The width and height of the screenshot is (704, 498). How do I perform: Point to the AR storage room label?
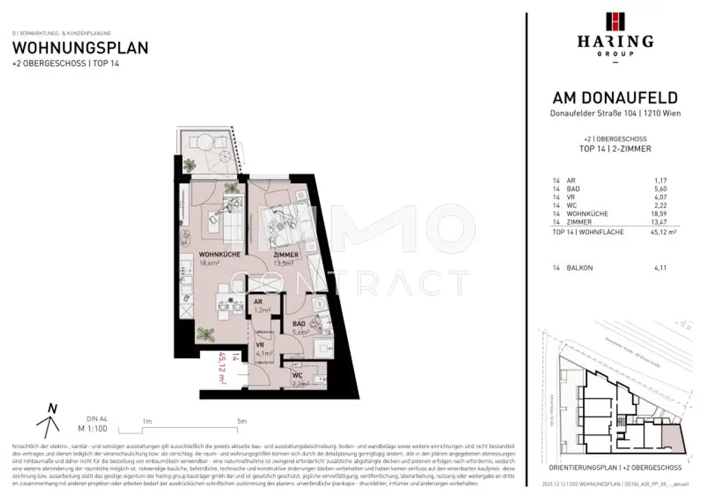click(258, 302)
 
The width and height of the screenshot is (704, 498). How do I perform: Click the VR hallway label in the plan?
click(261, 345)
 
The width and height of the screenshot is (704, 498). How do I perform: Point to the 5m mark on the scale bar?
click(241, 421)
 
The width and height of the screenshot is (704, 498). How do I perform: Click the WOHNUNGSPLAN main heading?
click(80, 48)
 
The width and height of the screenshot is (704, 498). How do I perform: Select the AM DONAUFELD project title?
click(615, 98)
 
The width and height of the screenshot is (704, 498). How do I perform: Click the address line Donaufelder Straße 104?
click(615, 113)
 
